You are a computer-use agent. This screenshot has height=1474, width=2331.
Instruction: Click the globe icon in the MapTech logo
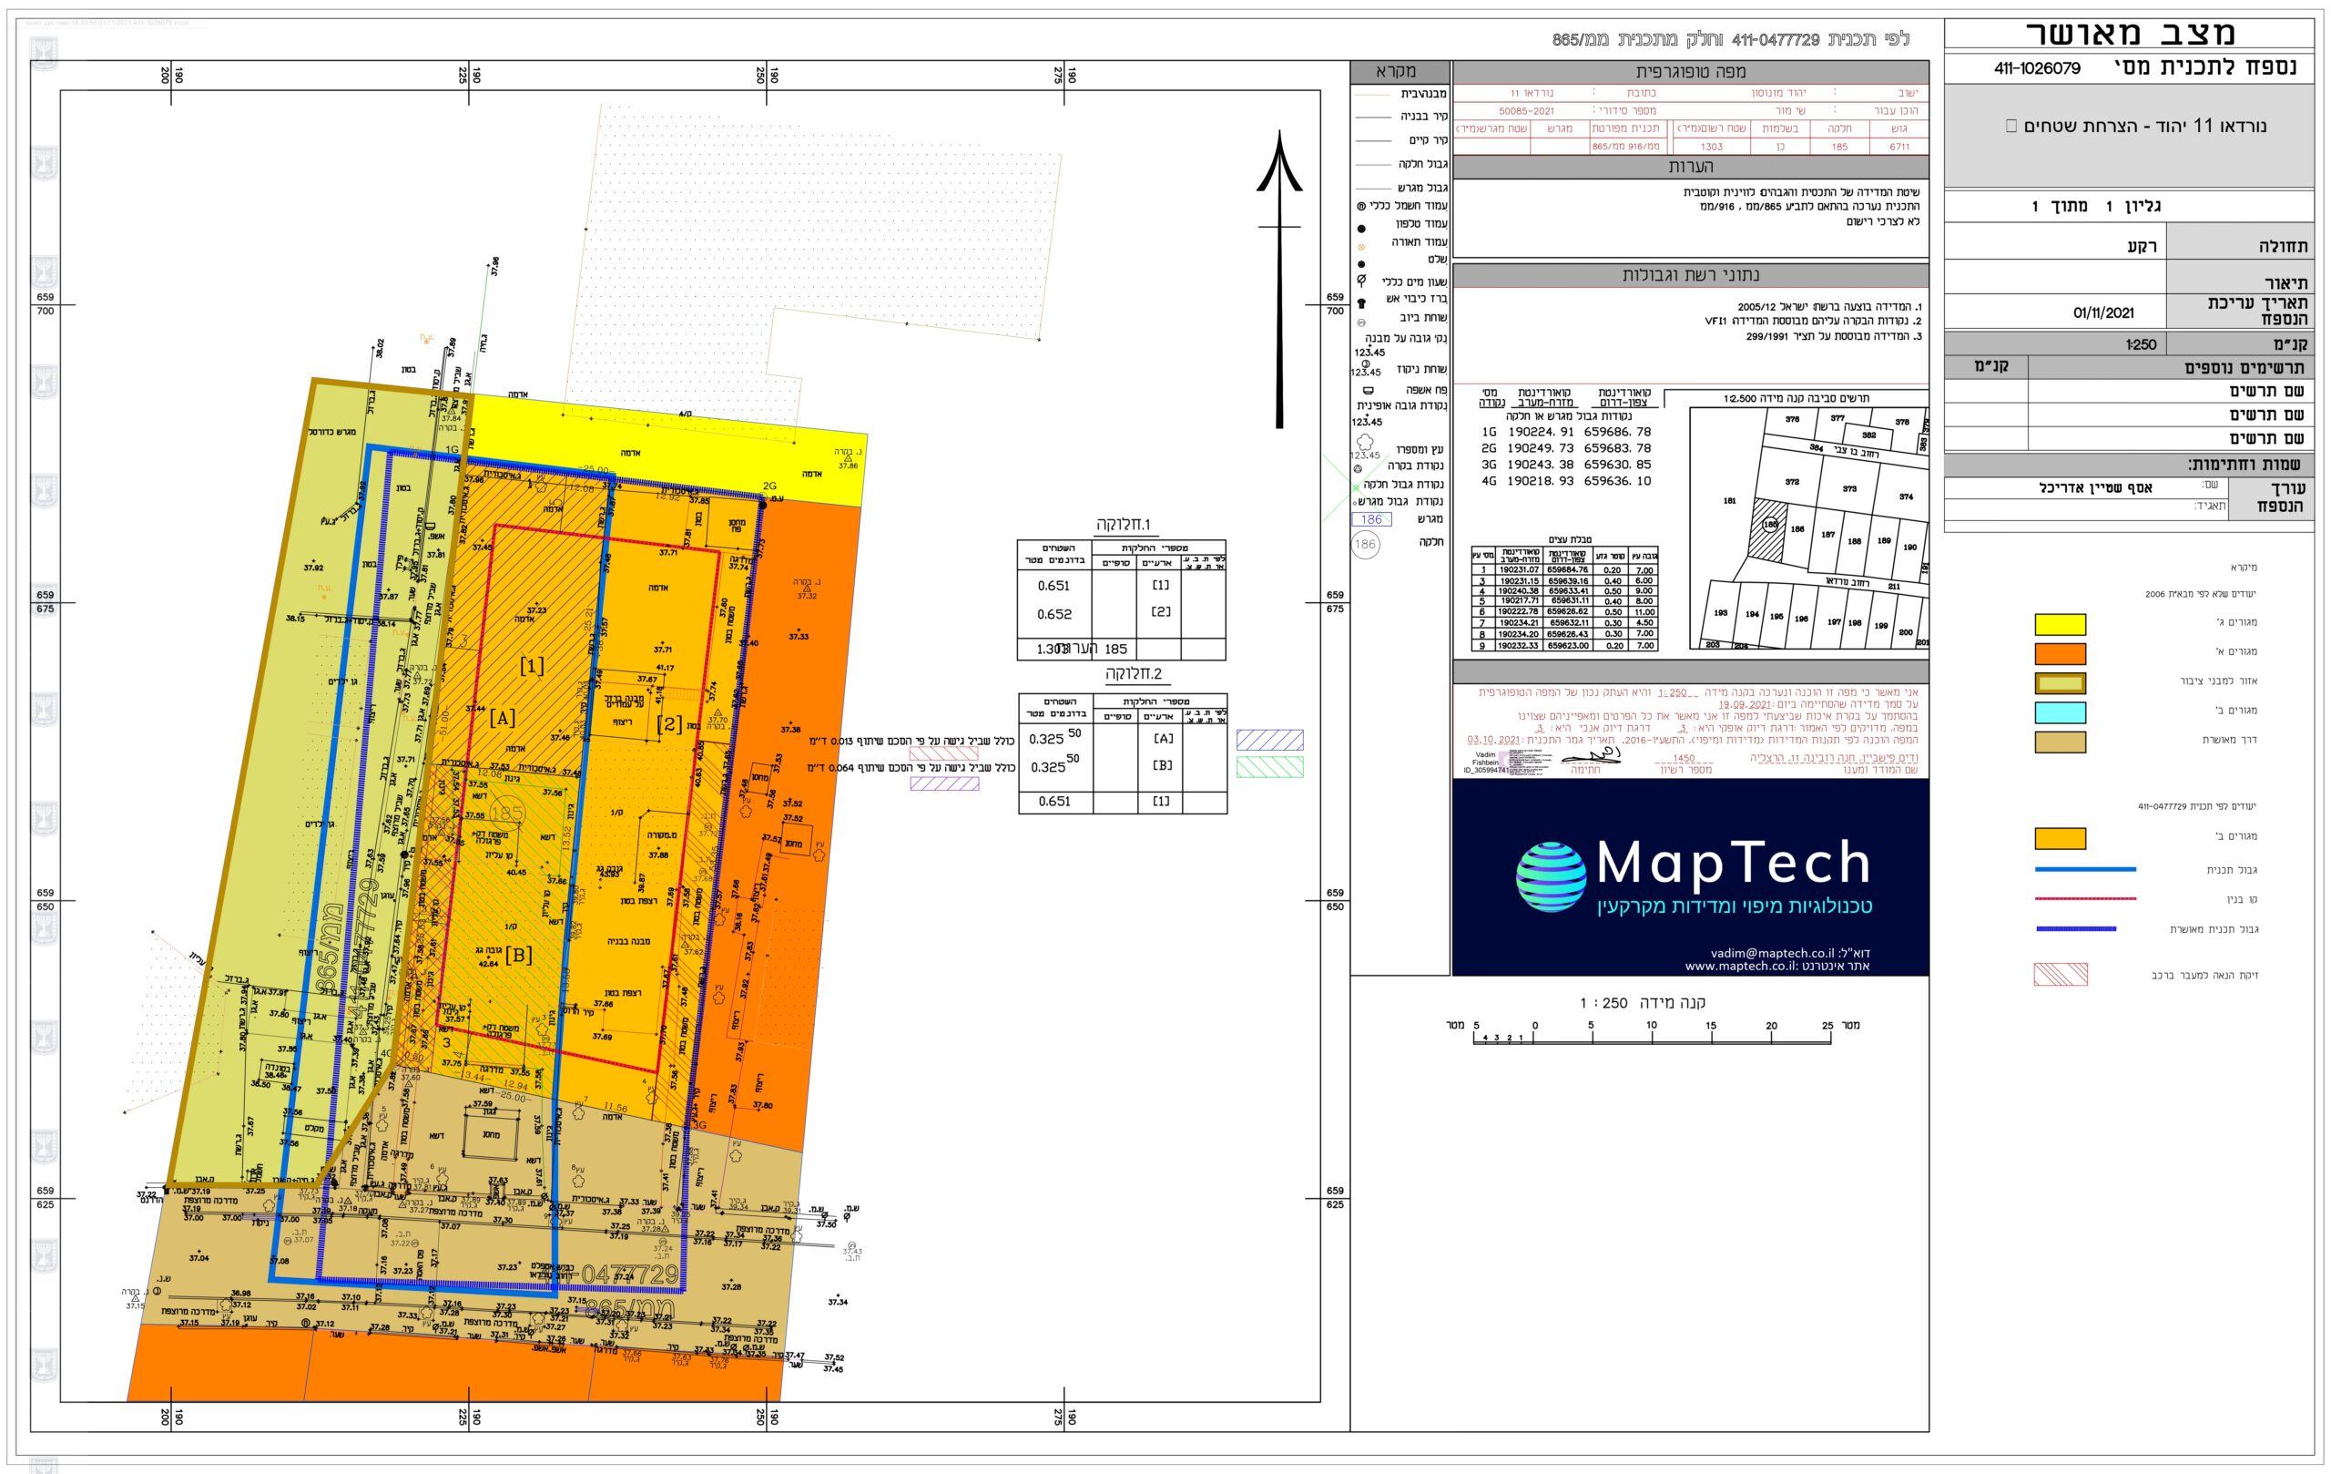pos(1551,877)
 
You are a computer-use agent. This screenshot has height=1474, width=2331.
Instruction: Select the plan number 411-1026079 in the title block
pos(2037,68)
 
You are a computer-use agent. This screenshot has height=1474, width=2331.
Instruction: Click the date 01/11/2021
pos(2103,312)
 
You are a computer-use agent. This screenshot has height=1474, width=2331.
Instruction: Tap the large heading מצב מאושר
pos(2131,34)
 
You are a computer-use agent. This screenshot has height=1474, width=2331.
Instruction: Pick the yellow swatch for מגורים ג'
pos(2060,624)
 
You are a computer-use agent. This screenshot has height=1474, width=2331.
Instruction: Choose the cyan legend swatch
pos(2060,711)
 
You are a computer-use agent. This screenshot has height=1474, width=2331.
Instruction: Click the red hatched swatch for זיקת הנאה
pos(2060,974)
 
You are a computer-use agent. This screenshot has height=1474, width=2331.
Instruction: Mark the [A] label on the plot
pos(502,718)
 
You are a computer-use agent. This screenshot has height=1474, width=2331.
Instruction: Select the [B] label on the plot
pos(519,955)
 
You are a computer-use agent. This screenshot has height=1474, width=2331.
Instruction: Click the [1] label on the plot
pos(532,665)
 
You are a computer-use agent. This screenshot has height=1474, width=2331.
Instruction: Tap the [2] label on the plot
pos(669,724)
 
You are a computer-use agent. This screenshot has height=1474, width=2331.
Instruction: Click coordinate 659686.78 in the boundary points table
pos(1617,432)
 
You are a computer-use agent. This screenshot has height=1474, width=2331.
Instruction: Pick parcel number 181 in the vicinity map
pos(1729,501)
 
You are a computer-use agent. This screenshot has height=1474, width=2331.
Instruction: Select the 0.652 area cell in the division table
pos(1054,614)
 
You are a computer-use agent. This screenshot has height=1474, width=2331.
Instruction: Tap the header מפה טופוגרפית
pos(1690,72)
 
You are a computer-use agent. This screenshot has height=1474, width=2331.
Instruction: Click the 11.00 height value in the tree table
pos(1644,612)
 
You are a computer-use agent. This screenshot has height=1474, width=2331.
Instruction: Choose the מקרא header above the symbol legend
pos(1400,72)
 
